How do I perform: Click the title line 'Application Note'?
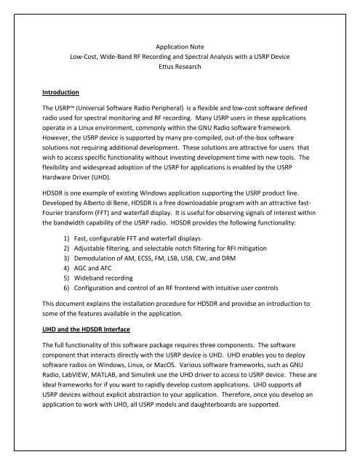(179, 45)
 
